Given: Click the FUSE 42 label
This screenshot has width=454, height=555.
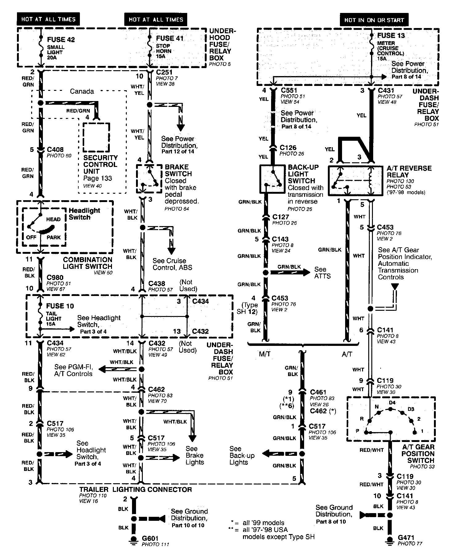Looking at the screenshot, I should (x=61, y=40).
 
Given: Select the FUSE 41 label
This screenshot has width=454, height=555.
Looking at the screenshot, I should (x=170, y=38).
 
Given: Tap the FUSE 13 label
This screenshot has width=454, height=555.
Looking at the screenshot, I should (x=391, y=35).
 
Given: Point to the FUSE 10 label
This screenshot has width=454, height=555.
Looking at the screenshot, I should (x=60, y=306).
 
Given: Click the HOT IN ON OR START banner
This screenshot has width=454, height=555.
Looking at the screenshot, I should (x=374, y=20).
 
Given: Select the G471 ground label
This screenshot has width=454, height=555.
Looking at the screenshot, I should (x=406, y=538).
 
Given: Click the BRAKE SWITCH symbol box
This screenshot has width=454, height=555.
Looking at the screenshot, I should (x=149, y=179).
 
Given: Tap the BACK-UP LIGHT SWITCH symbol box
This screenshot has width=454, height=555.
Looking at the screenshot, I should (x=272, y=179).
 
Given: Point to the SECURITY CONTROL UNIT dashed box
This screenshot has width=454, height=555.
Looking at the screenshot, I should (x=96, y=137).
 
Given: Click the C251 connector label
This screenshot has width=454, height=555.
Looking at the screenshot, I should (x=164, y=72).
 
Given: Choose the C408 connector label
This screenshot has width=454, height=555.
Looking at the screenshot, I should (x=55, y=150).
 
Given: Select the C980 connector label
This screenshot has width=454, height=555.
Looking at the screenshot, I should (x=55, y=277).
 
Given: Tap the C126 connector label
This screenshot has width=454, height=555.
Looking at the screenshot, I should (x=288, y=148).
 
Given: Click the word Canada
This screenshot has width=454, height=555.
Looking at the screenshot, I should (x=82, y=91).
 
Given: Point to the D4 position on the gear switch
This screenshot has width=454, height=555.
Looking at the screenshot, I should (x=392, y=403).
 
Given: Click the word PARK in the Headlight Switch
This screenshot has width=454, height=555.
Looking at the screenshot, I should (x=53, y=237).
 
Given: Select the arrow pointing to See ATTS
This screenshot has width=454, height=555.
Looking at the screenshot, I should (x=290, y=272).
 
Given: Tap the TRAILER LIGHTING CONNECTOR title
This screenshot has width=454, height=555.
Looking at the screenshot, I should (x=136, y=489).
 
